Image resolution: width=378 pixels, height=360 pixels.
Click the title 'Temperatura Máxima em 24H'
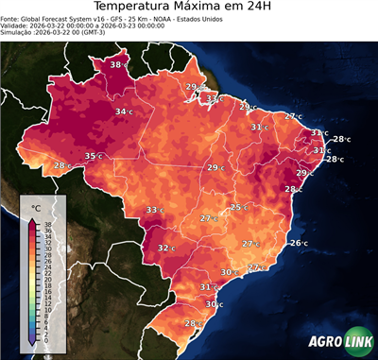[189, 9]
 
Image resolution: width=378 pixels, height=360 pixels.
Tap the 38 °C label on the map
[118, 64]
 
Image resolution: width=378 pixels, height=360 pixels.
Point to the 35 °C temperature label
[94, 156]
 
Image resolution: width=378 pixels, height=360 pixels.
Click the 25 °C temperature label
[240, 207]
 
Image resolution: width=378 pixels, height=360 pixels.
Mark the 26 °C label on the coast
[299, 243]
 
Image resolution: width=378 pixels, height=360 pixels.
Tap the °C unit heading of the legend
[36, 207]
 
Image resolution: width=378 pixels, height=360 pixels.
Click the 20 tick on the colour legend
[46, 280]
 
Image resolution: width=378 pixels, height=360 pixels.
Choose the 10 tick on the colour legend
[46, 309]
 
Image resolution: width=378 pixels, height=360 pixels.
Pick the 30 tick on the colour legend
[46, 249]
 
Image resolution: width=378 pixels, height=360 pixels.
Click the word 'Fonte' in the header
[12, 25]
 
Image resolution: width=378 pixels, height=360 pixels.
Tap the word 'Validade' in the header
[17, 33]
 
